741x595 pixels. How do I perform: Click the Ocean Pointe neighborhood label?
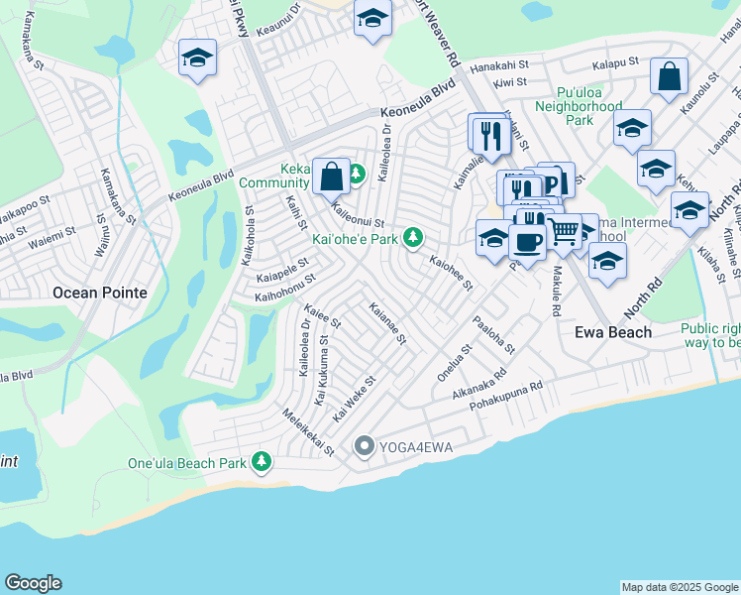click(x=99, y=293)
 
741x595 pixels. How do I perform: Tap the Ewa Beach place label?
click(x=613, y=332)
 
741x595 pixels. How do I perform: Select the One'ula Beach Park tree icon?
click(x=262, y=461)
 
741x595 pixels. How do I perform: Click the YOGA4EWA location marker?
click(x=365, y=447)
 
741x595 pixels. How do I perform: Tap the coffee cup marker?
click(x=527, y=242)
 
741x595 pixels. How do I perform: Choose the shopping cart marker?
click(x=564, y=231)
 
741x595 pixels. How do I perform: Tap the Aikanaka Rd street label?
click(x=479, y=379)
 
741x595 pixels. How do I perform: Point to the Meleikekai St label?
click(x=308, y=432)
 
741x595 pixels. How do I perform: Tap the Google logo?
click(x=33, y=583)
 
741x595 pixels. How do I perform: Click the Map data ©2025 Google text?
click(x=679, y=587)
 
